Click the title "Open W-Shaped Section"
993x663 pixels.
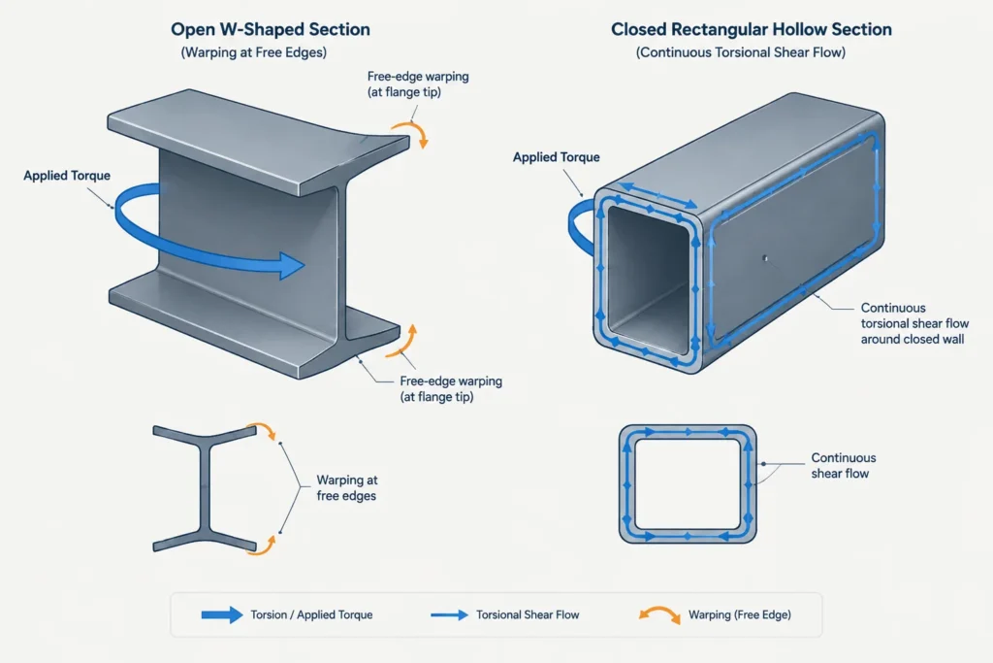[x=271, y=30]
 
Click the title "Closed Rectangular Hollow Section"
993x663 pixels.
[x=752, y=30]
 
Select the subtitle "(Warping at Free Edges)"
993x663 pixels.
[x=254, y=52]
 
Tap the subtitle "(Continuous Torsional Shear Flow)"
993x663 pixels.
[x=740, y=52]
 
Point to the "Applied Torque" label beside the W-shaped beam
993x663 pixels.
[x=67, y=176]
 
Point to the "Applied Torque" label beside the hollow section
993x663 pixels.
[x=556, y=157]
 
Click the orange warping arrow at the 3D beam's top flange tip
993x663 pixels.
[x=413, y=131]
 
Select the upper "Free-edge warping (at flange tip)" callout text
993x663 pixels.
[x=418, y=84]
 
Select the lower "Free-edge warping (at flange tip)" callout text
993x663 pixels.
[x=451, y=389]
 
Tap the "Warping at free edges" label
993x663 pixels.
[x=346, y=488]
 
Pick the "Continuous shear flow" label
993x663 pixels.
[x=843, y=466]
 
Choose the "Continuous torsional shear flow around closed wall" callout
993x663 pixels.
[x=914, y=323]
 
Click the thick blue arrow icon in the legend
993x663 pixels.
[x=222, y=614]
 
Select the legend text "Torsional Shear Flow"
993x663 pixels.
[x=528, y=614]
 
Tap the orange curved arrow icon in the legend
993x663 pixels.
[x=659, y=614]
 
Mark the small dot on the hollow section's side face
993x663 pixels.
[x=765, y=258]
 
